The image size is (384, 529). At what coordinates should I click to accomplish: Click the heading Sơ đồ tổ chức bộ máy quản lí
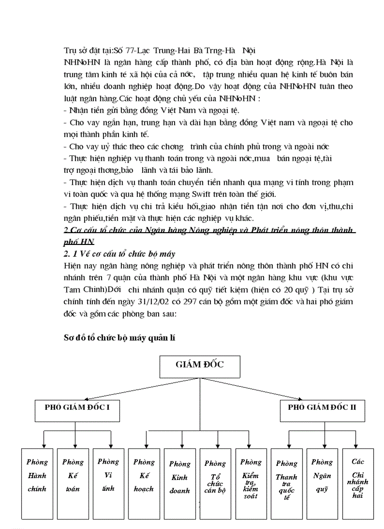pos(120,338)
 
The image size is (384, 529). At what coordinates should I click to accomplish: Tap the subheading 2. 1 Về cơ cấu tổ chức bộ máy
pos(120,254)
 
